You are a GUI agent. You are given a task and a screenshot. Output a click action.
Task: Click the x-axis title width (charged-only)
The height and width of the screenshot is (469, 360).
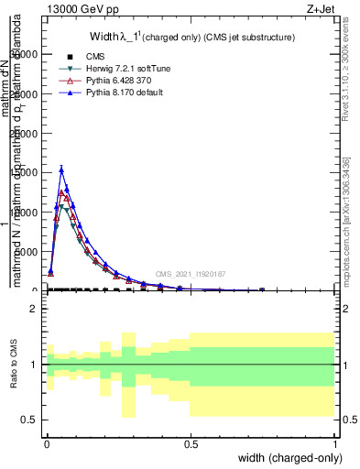pyautogui.click(x=286, y=458)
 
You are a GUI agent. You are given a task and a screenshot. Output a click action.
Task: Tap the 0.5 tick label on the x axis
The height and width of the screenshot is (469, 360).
pyautogui.click(x=191, y=444)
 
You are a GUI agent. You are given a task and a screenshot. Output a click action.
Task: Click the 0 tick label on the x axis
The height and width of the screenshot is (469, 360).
pyautogui.click(x=46, y=444)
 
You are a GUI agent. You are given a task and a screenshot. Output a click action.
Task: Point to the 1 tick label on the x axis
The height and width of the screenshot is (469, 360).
pyautogui.click(x=336, y=444)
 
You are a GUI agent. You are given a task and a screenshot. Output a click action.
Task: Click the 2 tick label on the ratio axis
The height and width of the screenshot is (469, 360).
pyautogui.click(x=34, y=310)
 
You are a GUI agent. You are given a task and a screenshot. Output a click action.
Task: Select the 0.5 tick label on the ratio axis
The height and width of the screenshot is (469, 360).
pyautogui.click(x=30, y=420)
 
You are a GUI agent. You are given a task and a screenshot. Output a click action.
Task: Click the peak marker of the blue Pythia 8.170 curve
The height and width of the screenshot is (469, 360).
pyautogui.click(x=61, y=169)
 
